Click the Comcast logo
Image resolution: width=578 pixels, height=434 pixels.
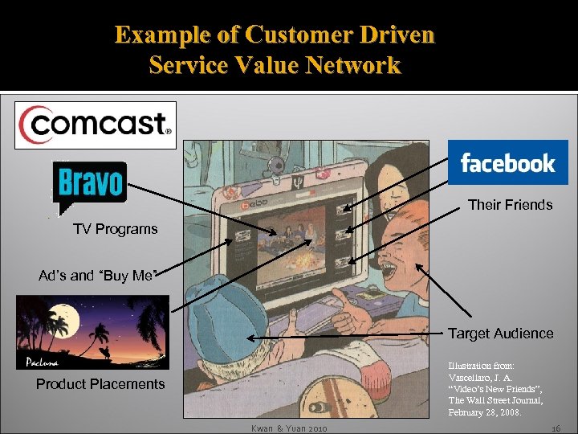pos(95,125)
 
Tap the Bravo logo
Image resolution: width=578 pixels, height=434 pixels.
pos(89,182)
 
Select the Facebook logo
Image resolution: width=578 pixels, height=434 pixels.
pos(507,163)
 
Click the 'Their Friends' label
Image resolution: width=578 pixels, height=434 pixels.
pos(510,205)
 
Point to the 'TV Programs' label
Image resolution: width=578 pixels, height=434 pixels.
pos(116,229)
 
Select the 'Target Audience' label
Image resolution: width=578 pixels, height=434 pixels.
pos(500,334)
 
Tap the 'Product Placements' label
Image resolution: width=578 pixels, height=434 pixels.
pos(100,384)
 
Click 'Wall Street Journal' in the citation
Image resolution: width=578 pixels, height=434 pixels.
pos(496,400)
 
